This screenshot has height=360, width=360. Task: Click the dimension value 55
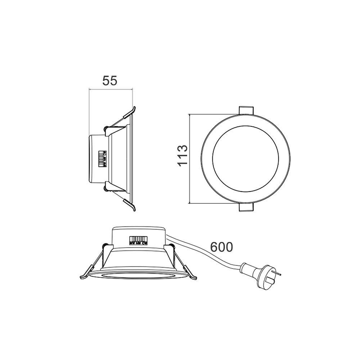tap(110, 81)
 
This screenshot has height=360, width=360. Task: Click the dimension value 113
tap(183, 155)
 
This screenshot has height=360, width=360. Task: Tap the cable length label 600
tap(221, 247)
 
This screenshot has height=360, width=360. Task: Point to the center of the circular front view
tap(245, 159)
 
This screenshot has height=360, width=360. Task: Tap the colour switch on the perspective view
tap(139, 240)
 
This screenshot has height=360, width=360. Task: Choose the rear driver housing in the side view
tap(95, 159)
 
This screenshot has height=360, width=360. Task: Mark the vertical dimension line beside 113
tap(190, 159)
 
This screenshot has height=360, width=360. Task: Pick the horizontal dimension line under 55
tap(111, 89)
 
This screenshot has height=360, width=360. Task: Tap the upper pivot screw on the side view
tap(106, 129)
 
